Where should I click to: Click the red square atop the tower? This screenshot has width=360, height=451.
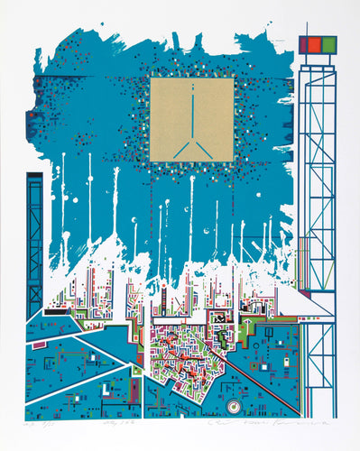(x=313, y=44)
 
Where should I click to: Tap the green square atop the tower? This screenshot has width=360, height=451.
(x=329, y=44)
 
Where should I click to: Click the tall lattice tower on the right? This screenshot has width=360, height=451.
(x=317, y=207)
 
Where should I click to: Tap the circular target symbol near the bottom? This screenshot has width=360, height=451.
(x=232, y=407)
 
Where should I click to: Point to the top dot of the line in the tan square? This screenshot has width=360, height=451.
(x=193, y=86)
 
